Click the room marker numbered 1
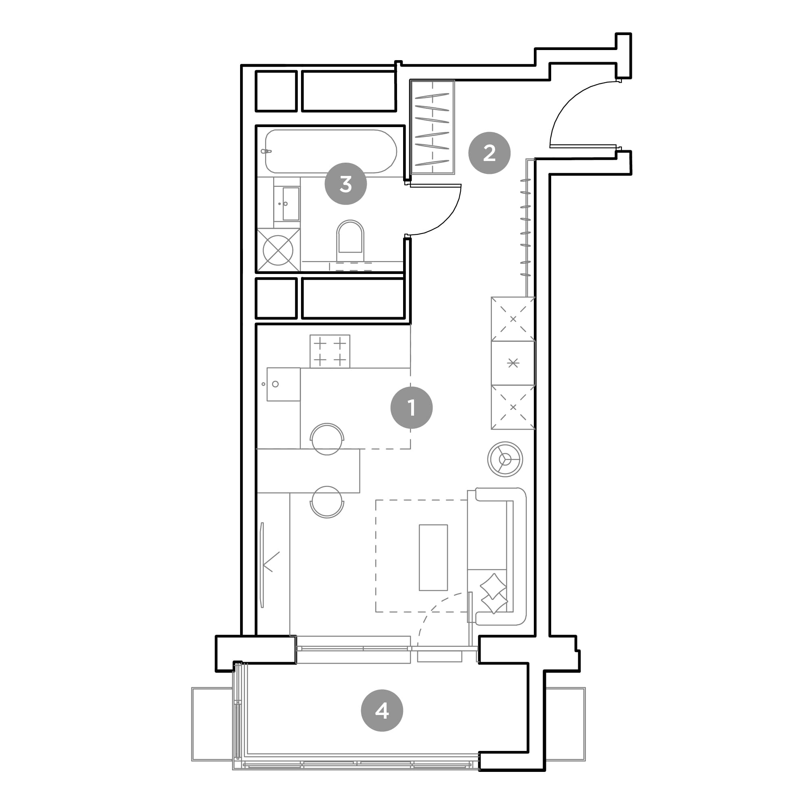coord(412,408)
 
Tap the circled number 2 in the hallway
coord(489,153)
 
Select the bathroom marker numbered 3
coord(346,183)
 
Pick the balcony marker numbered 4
coord(382,711)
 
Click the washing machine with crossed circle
coord(278,250)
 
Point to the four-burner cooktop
coord(330,351)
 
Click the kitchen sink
coord(283,384)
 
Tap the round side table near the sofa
coord(505,459)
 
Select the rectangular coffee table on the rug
coord(433,558)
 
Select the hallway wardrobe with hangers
coord(432,127)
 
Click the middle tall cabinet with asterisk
coord(513,363)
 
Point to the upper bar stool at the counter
coord(327,439)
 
